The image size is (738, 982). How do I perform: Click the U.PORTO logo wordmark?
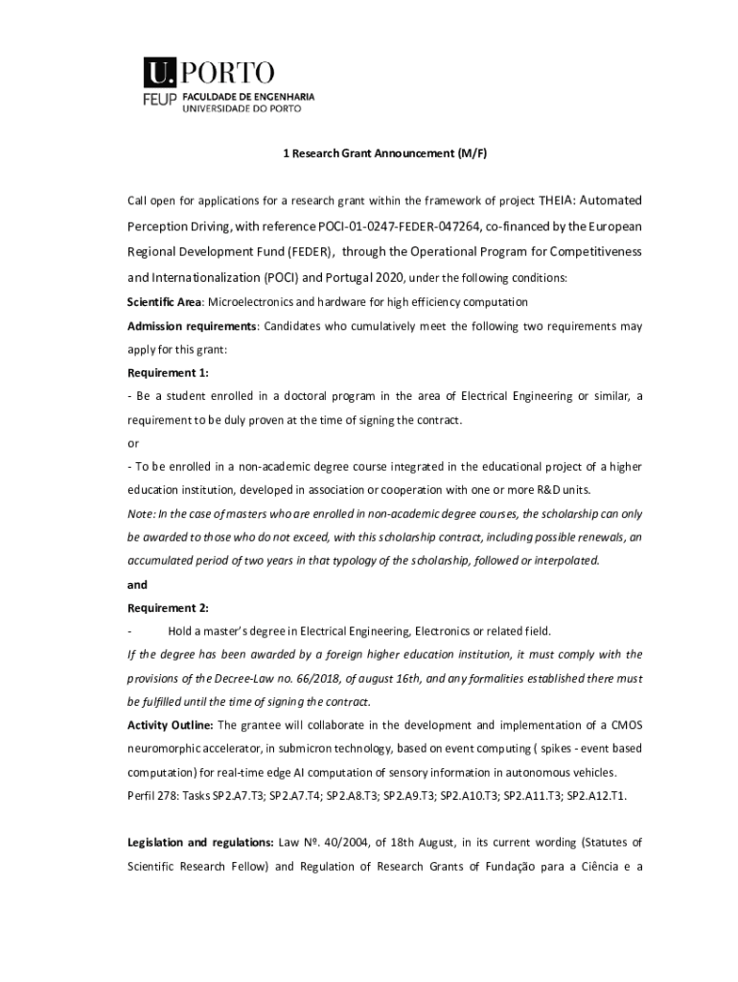(x=210, y=72)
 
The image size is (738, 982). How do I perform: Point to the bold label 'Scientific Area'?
(x=158, y=302)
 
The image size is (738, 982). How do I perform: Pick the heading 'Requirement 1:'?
(x=168, y=372)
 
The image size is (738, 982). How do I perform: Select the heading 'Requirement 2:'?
(x=168, y=607)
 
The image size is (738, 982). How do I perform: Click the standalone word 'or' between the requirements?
(x=133, y=443)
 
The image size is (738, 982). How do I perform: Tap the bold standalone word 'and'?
(x=138, y=584)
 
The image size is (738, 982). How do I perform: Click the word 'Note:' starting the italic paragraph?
(x=142, y=513)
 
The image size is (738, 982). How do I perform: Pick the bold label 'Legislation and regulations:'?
(x=200, y=843)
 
